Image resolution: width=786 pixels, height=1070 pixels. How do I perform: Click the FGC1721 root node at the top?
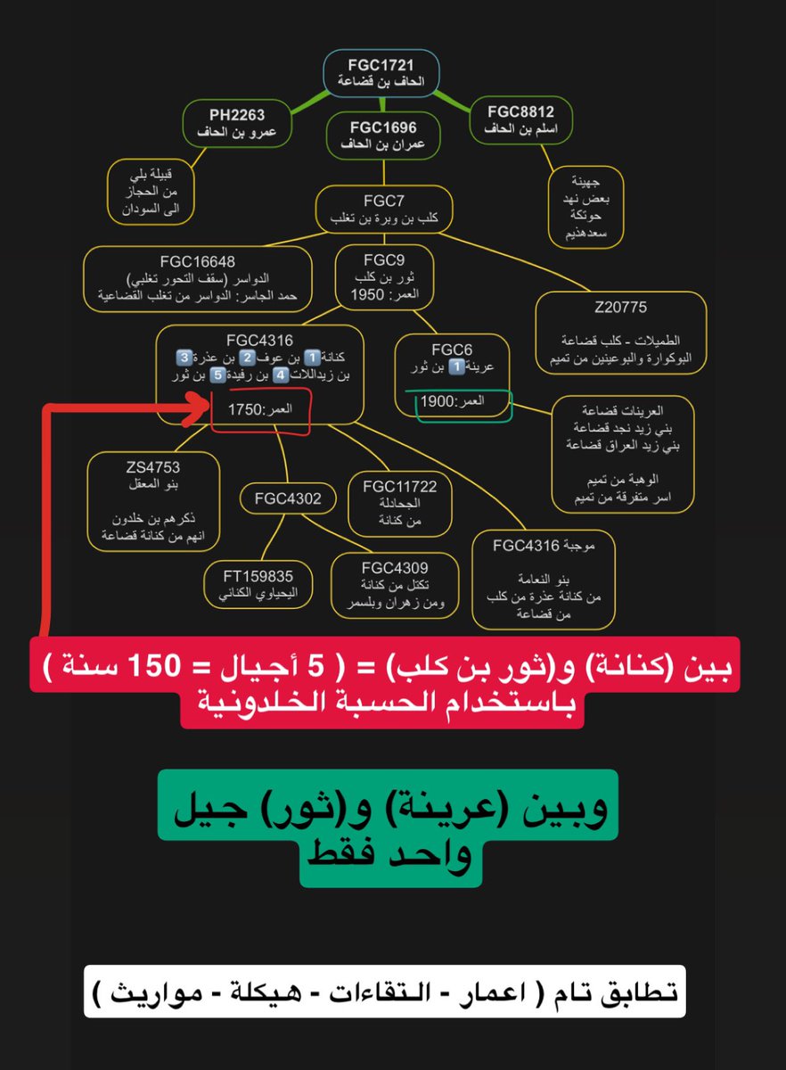(380, 73)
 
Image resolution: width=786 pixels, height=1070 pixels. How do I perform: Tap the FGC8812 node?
(521, 120)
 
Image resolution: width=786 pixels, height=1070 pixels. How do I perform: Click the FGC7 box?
(384, 209)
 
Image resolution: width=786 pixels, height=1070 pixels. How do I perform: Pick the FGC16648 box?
(198, 278)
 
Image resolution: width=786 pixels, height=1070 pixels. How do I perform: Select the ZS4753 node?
(153, 501)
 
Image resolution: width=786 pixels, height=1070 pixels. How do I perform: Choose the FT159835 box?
(260, 584)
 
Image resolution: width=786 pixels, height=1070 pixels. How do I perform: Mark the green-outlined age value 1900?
(438, 402)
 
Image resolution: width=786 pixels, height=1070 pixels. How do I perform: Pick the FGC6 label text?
(452, 350)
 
